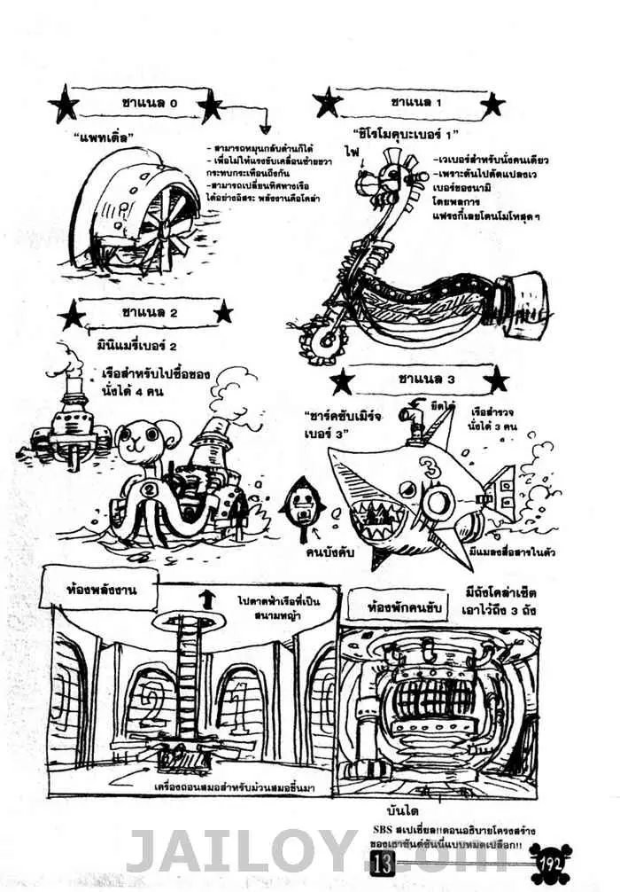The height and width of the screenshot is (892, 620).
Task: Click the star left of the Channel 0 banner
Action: [x=64, y=106]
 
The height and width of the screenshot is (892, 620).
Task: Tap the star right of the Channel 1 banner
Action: [x=492, y=105]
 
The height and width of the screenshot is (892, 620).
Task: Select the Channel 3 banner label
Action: [x=415, y=379]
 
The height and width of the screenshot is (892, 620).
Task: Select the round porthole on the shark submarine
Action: [x=438, y=503]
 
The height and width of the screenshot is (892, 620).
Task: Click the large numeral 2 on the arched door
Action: [x=145, y=692]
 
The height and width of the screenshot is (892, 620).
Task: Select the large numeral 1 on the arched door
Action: [x=239, y=692]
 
